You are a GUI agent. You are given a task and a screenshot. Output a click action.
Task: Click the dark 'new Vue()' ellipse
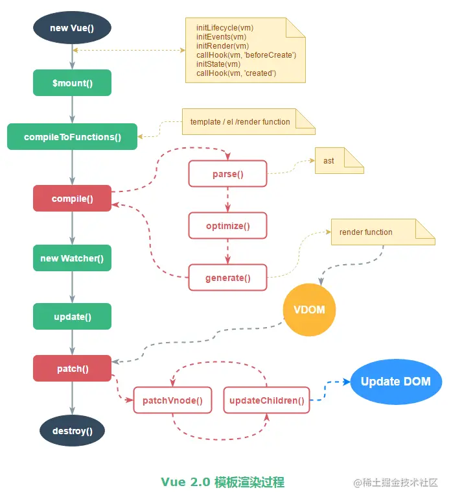pos(72,29)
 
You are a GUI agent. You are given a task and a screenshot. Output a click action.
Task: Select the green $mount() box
pos(72,83)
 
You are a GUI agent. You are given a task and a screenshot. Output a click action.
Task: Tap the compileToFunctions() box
pos(72,137)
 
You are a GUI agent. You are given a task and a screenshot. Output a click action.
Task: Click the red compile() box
pos(72,199)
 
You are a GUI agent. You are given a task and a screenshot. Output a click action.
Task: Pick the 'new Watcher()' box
pos(72,258)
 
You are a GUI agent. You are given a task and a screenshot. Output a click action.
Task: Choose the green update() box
pos(72,317)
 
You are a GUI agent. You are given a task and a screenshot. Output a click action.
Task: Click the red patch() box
pos(72,369)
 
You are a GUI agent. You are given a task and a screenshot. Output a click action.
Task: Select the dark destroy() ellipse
pos(72,430)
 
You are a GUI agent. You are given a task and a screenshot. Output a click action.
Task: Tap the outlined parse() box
pos(227,175)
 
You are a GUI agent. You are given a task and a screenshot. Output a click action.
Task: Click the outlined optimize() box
pos(227,226)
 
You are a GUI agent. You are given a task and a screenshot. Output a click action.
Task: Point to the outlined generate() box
pos(227,278)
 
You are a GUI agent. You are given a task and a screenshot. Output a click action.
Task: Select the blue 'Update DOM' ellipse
pos(395,382)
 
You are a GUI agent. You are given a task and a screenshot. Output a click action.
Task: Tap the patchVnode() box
pos(172,400)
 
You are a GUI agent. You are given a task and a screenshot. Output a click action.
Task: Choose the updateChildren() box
pos(266,400)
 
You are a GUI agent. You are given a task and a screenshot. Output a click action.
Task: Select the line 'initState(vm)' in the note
pos(218,64)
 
